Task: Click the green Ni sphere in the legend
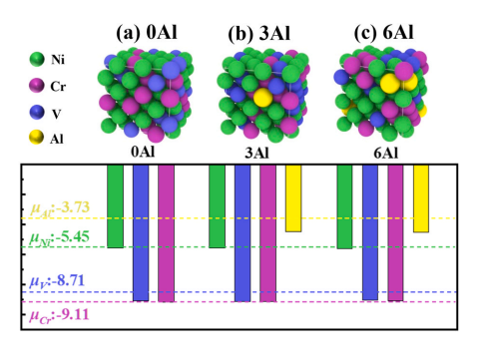[x=37, y=60]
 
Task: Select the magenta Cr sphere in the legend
[x=37, y=86]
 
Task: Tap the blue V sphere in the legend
[x=37, y=113]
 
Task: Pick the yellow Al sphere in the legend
[x=36, y=138]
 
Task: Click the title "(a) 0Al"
[x=147, y=33]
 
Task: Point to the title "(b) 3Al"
[x=259, y=33]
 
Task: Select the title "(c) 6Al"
[x=383, y=33]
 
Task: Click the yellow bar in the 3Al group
[x=293, y=198]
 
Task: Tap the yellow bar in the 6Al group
[x=421, y=198]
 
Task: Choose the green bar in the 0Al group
[x=116, y=206]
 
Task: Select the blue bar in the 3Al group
[x=242, y=233]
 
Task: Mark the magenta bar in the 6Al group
[x=395, y=232]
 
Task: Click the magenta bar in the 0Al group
[x=167, y=233]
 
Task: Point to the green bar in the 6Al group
[x=344, y=206]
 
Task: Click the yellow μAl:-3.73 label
[x=60, y=208]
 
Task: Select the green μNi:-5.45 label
[x=59, y=238]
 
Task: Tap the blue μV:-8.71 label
[x=57, y=282]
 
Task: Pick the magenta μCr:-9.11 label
[x=59, y=315]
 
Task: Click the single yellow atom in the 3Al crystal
[x=262, y=98]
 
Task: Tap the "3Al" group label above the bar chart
[x=256, y=153]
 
